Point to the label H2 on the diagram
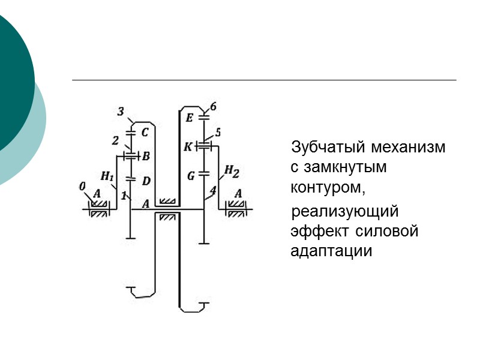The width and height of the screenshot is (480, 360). pyautogui.click(x=232, y=173)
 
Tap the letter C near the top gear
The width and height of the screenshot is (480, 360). pyautogui.click(x=145, y=131)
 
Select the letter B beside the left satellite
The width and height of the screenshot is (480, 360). pyautogui.click(x=146, y=156)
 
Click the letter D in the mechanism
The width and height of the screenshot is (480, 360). pyautogui.click(x=147, y=180)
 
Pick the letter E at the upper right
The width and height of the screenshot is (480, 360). pyautogui.click(x=190, y=118)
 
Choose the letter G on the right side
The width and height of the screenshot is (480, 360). pyautogui.click(x=191, y=176)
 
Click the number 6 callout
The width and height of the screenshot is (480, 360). pyautogui.click(x=214, y=107)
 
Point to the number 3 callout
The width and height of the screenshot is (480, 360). pyautogui.click(x=121, y=112)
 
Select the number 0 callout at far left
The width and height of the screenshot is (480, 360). pyautogui.click(x=82, y=187)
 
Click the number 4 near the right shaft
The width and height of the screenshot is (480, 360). pyautogui.click(x=212, y=191)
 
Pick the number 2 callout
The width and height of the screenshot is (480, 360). pyautogui.click(x=116, y=140)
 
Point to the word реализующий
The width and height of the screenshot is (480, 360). pyautogui.click(x=344, y=212)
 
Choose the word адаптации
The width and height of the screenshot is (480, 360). pyautogui.click(x=331, y=251)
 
